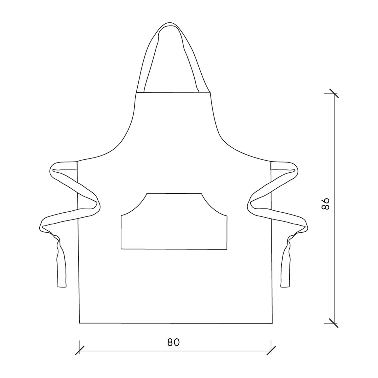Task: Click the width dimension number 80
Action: coord(173,342)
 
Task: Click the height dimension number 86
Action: coord(326,204)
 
